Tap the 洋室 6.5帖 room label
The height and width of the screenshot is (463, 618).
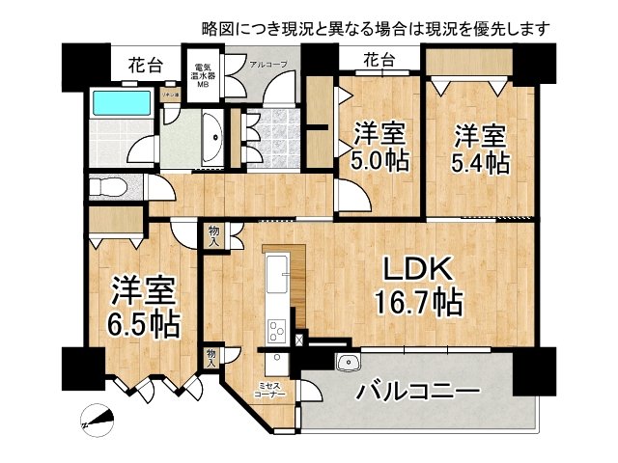(145, 307)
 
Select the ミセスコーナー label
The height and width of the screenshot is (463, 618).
(268, 390)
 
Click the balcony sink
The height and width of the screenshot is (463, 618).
(347, 362)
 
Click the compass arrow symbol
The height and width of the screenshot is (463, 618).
(98, 419)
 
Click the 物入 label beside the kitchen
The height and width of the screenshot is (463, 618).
(213, 234)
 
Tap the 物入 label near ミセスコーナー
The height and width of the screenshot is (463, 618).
(212, 358)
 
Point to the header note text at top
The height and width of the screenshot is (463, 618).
(377, 29)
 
